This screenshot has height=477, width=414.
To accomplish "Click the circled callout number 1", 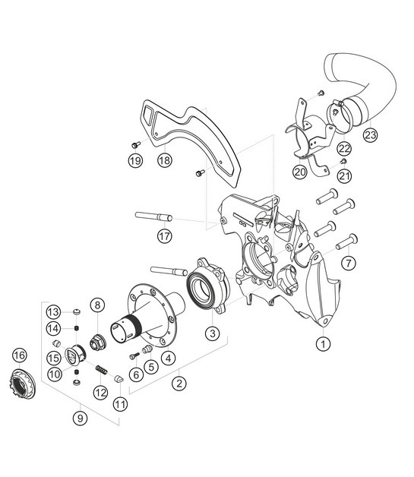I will [324, 343].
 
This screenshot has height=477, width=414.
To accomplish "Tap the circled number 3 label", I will [212, 333].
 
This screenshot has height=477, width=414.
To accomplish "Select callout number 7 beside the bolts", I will [349, 263].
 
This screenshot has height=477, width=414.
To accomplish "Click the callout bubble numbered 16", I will [20, 355].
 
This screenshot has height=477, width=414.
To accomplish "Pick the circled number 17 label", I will [164, 236].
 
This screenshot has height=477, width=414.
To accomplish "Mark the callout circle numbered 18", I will [164, 160].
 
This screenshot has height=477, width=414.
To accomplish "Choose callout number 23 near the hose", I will [370, 136].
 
